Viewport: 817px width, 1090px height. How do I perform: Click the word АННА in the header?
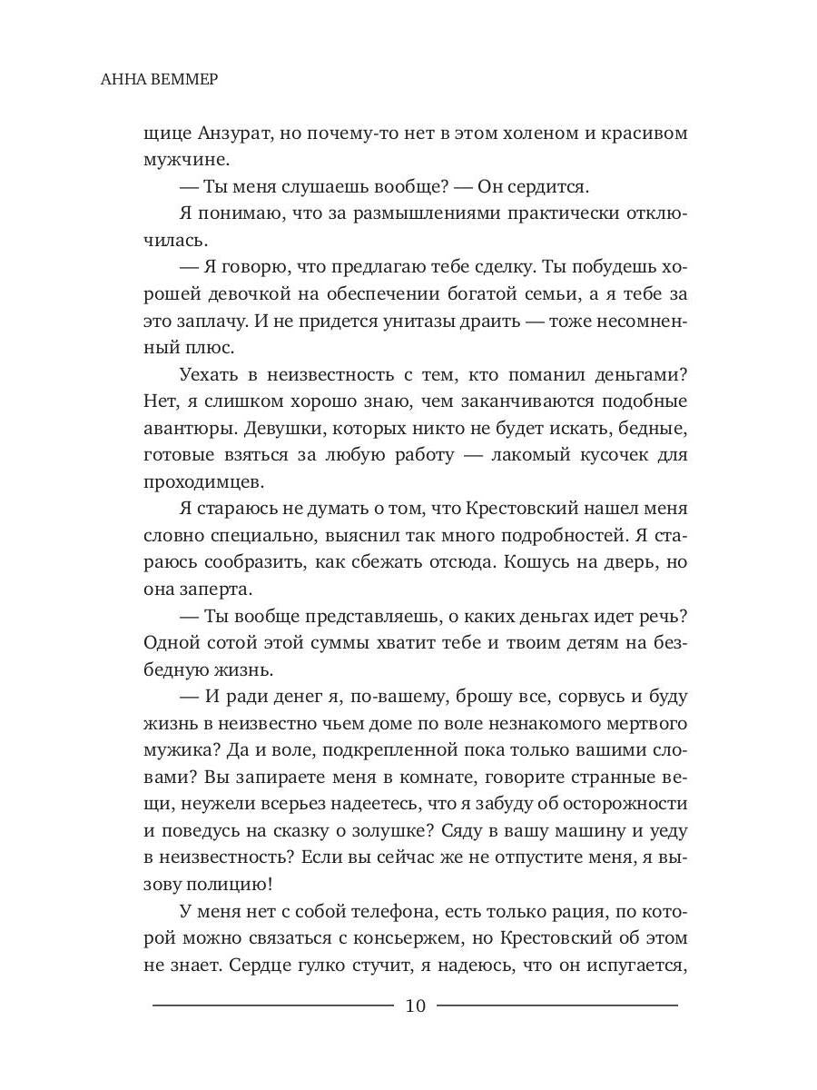point(123,80)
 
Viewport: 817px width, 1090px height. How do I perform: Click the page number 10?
point(416,1006)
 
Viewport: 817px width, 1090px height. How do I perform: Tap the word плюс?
point(218,349)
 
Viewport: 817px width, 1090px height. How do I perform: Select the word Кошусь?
point(536,562)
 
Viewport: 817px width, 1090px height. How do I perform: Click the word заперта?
point(215,589)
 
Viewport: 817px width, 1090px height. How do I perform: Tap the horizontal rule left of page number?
point(272,1006)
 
